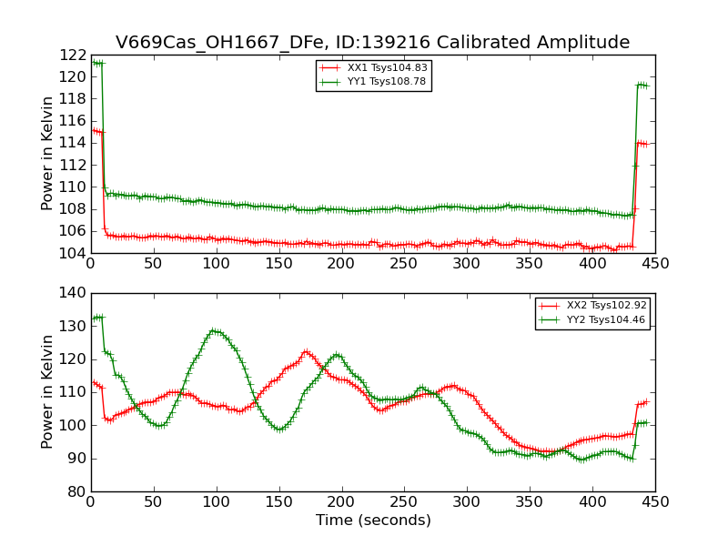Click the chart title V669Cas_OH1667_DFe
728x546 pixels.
(372, 42)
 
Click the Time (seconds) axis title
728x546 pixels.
(373, 521)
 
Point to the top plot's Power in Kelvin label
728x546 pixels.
(48, 154)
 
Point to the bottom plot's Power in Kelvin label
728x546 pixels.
(48, 392)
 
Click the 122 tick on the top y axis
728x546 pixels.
(73, 55)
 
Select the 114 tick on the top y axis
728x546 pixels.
(73, 143)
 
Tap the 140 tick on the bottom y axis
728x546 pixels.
(73, 293)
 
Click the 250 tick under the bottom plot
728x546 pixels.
(404, 502)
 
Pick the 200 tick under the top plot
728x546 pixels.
(341, 264)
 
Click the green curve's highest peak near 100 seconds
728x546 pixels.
(215, 330)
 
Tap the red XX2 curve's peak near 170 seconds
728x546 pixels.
(306, 351)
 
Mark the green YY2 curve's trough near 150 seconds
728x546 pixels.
(279, 429)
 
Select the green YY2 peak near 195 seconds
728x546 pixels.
(337, 355)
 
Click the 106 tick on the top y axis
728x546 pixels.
(73, 231)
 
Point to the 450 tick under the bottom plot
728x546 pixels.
(655, 502)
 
